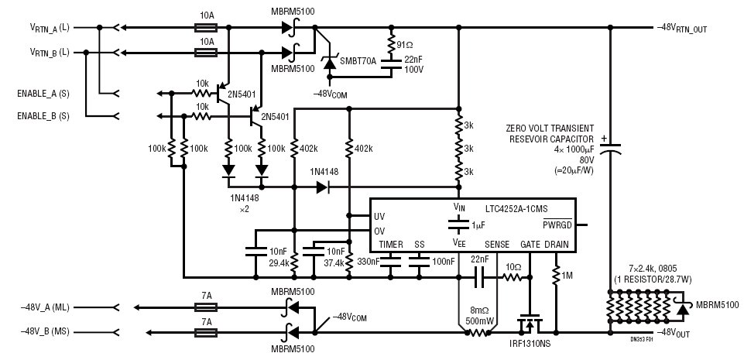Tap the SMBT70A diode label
(x=358, y=61)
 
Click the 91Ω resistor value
(x=405, y=46)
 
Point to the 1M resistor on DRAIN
(x=556, y=275)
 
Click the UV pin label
(x=379, y=216)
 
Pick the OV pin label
(x=379, y=231)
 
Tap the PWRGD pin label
(x=557, y=225)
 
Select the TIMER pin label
(x=391, y=245)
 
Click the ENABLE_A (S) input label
(x=43, y=94)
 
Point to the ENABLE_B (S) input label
(x=43, y=116)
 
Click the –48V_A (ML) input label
(x=45, y=308)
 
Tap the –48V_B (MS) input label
(x=45, y=331)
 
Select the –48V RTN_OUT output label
(x=682, y=29)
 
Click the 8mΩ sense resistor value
(x=480, y=311)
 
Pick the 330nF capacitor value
(x=368, y=262)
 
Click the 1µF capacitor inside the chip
(x=458, y=226)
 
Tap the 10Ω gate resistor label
(x=513, y=268)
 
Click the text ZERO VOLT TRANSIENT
(x=550, y=128)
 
